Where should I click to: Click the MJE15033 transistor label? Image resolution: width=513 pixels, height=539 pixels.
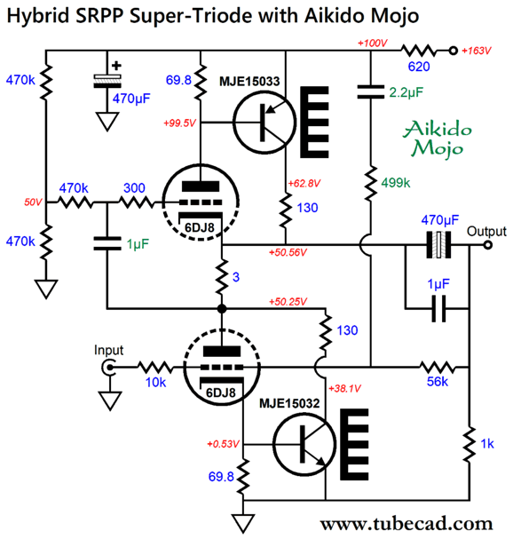(249, 81)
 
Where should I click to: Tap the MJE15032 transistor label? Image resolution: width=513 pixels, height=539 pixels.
(289, 403)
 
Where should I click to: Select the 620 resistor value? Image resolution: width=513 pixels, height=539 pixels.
(419, 67)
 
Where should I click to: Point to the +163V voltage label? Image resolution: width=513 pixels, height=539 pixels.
(477, 51)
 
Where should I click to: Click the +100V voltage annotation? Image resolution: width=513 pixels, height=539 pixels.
(373, 44)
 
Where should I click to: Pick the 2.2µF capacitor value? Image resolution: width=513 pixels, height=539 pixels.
(406, 92)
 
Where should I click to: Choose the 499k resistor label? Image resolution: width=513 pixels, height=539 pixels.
(396, 183)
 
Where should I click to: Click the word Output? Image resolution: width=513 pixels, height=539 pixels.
(486, 232)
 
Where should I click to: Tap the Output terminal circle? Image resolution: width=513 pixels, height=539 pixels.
(488, 245)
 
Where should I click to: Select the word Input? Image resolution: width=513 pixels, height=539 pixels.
(108, 350)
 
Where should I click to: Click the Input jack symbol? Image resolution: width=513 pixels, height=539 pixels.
(108, 368)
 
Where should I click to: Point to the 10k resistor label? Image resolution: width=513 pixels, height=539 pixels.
(155, 382)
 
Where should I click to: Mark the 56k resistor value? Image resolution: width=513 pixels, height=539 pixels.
(438, 382)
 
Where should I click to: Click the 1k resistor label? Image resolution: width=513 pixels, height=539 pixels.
(487, 444)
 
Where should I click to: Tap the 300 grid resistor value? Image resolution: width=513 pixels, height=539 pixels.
(134, 188)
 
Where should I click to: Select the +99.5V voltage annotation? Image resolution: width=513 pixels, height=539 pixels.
(179, 123)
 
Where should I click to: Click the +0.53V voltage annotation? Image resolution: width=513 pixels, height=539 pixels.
(223, 444)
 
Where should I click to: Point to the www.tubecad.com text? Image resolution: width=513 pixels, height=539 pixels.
(406, 525)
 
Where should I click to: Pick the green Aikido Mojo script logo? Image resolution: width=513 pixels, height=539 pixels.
(438, 139)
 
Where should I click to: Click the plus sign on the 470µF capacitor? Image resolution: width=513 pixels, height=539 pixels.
(116, 66)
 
